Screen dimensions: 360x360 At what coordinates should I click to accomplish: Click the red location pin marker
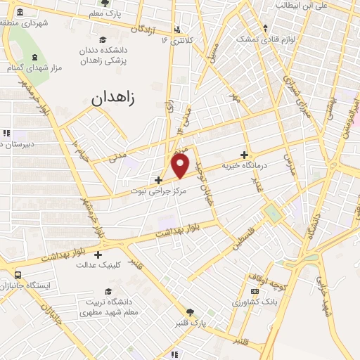click(181, 166)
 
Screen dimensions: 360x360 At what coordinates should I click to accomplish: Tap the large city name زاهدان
click(116, 98)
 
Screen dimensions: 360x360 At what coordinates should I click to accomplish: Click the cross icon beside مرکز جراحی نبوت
click(159, 180)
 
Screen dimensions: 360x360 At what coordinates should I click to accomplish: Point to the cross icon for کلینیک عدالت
click(98, 254)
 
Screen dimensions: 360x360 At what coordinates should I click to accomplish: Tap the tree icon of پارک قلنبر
click(189, 312)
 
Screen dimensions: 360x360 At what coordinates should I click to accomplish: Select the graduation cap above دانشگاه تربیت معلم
click(108, 291)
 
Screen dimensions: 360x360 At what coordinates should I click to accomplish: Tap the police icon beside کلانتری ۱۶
click(177, 30)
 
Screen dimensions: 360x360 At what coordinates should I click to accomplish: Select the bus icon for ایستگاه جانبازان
click(18, 275)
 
